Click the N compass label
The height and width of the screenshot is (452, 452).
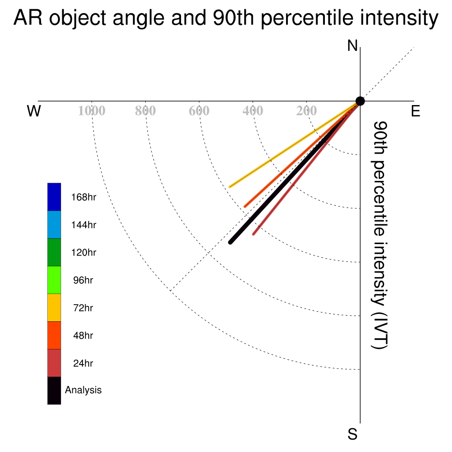pyautogui.click(x=352, y=46)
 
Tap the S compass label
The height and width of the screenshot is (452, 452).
pyautogui.click(x=353, y=434)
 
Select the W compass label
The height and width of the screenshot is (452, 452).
pyautogui.click(x=34, y=111)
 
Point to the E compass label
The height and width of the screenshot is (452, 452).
pyautogui.click(x=415, y=111)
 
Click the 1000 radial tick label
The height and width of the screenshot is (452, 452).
pyautogui.click(x=92, y=111)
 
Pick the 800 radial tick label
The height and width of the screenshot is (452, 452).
pyautogui.click(x=145, y=111)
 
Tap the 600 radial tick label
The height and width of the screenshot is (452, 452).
pyautogui.click(x=199, y=111)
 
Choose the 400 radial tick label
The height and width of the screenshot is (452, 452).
pyautogui.click(x=253, y=111)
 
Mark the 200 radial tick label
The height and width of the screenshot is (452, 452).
pyautogui.click(x=306, y=111)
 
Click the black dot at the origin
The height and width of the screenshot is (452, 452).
pyautogui.click(x=360, y=101)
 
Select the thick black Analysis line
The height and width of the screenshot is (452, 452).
pyautogui.click(x=295, y=172)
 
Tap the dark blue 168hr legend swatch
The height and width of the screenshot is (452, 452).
pyautogui.click(x=54, y=197)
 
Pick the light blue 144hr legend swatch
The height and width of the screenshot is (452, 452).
pyautogui.click(x=54, y=225)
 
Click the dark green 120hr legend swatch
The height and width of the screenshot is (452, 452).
pyautogui.click(x=54, y=252)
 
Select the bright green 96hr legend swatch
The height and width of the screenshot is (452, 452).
pyautogui.click(x=54, y=280)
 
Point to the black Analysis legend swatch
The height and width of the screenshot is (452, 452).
pyautogui.click(x=54, y=391)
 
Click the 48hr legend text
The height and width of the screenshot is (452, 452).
pyautogui.click(x=83, y=335)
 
